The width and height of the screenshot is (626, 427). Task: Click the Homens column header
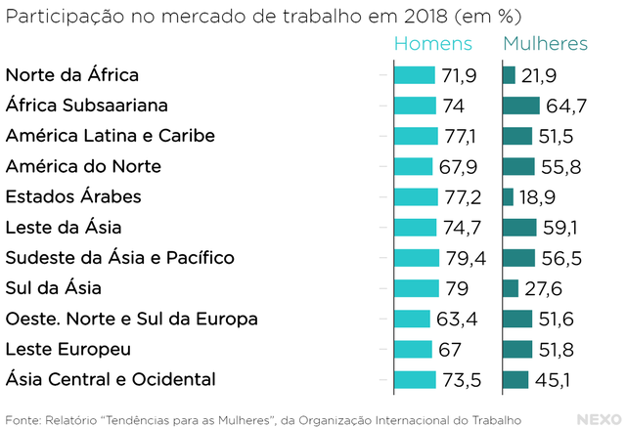click(432, 44)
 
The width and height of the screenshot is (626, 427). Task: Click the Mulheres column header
click(545, 44)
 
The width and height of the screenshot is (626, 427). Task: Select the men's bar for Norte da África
click(414, 75)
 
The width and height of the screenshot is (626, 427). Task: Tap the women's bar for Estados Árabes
click(508, 197)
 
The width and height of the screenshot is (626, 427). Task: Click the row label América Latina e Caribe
click(111, 136)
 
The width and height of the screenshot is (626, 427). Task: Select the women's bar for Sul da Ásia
click(510, 288)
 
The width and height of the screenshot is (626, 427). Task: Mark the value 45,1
click(555, 379)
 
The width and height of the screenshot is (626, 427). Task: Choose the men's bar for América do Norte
click(413, 166)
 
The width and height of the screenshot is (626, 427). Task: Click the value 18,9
click(537, 197)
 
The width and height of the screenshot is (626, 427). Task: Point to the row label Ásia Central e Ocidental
click(110, 379)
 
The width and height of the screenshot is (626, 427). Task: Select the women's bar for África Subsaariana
click(521, 106)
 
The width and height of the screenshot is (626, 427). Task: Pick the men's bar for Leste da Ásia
click(415, 228)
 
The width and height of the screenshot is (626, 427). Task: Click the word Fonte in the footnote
click(23, 420)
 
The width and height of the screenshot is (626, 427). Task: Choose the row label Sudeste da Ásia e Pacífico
click(120, 258)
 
